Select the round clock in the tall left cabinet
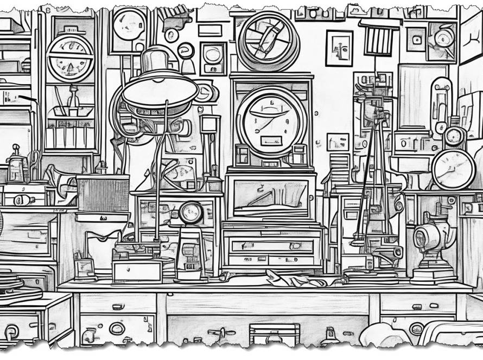point(71,58)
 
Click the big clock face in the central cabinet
point(271,121)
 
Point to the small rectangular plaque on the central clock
point(271,141)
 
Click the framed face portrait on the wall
point(339,48)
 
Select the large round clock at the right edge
point(454,170)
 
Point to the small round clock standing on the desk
point(191,213)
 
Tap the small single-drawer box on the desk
point(137,271)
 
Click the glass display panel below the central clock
point(270,196)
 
